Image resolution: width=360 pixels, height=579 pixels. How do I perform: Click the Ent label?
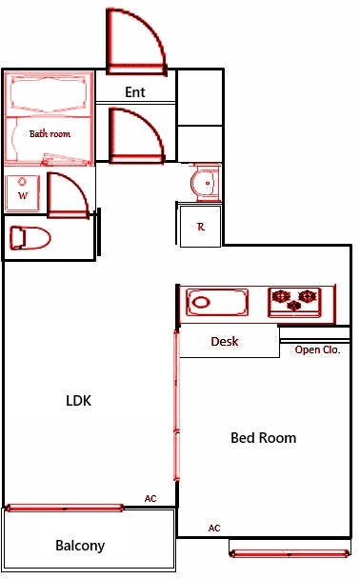(134, 92)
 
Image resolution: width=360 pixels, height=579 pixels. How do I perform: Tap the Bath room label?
(50, 134)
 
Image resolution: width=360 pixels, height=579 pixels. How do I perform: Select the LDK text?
(79, 401)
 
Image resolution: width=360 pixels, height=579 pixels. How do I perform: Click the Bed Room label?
(264, 438)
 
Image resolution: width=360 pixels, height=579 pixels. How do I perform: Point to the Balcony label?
(80, 546)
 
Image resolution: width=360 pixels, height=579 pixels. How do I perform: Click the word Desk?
(225, 341)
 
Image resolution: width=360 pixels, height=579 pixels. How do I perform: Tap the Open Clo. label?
(317, 349)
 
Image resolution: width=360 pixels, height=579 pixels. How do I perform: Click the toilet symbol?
(29, 236)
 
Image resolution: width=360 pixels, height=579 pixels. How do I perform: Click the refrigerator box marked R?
(201, 227)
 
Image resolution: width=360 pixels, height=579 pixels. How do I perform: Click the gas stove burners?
(294, 303)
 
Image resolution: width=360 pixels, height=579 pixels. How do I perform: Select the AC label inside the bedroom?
(214, 528)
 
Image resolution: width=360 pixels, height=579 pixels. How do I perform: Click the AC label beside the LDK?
(150, 498)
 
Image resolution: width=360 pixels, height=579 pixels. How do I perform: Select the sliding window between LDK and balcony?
(64, 508)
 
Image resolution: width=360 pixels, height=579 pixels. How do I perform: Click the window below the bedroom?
(290, 550)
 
